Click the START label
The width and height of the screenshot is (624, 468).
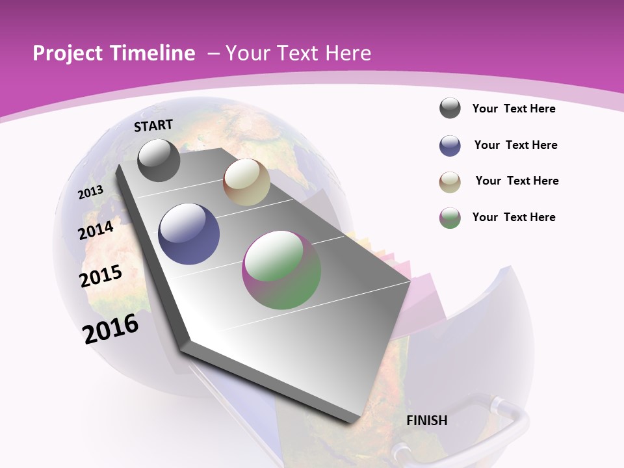pos(153,125)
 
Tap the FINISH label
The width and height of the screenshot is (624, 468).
pos(426,421)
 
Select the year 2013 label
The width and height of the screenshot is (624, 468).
pos(91,192)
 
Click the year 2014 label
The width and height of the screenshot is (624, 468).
pos(96,229)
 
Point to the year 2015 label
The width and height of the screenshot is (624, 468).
pos(101,276)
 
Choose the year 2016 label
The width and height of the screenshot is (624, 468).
pos(111,328)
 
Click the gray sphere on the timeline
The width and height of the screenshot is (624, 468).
pos(159,160)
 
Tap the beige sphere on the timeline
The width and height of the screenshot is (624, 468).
pos(246,182)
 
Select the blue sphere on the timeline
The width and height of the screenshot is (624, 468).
pos(188,233)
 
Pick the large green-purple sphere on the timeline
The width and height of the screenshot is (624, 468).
pos(281,270)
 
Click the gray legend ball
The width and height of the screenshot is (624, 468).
pos(450,109)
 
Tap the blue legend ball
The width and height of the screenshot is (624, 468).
pos(450,146)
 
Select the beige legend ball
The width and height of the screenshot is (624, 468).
pos(450,182)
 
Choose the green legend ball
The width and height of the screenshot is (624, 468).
pos(450,218)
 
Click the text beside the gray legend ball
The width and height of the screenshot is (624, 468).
pos(513,109)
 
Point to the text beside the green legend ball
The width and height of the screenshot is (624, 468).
pos(513,217)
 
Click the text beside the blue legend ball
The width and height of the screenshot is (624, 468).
pos(515,145)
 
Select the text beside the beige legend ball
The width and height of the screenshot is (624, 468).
pos(517,181)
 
